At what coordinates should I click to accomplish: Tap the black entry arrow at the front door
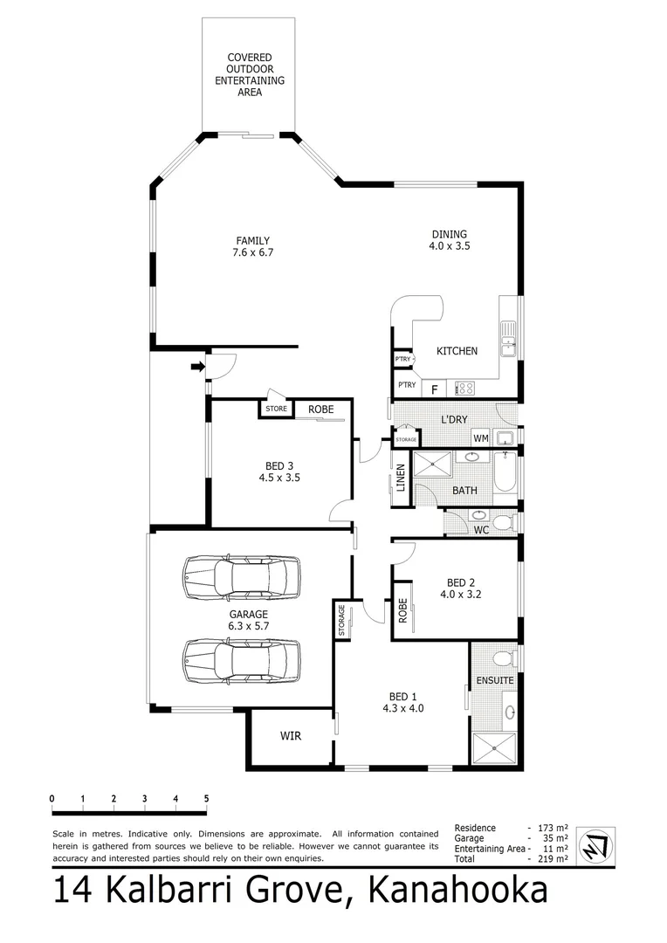point(196,367)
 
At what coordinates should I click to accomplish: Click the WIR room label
point(290,737)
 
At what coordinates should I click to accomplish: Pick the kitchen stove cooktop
point(466,388)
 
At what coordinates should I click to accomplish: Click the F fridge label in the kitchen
point(434,389)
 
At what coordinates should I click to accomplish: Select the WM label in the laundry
point(480,437)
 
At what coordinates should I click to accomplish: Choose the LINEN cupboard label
point(401,478)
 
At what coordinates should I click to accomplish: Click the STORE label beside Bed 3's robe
point(276,408)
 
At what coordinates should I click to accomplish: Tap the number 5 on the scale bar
point(206,798)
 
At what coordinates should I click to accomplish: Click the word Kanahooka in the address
point(459,892)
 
